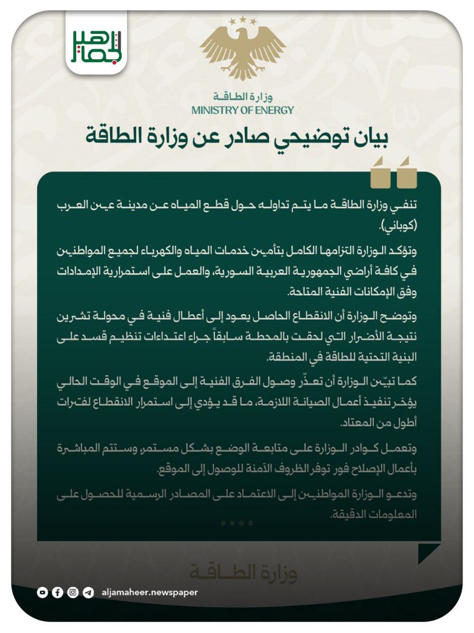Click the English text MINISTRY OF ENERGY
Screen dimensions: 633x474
(x=242, y=110)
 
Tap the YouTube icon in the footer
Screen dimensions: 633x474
(x=43, y=592)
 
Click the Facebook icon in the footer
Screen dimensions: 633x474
(x=58, y=592)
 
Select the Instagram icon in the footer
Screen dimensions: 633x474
(x=73, y=592)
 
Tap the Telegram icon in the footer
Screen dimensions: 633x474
(x=88, y=592)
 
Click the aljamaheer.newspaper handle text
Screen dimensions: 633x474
(x=149, y=592)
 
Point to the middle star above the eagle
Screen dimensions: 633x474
(x=243, y=19)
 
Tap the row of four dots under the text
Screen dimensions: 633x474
(x=237, y=523)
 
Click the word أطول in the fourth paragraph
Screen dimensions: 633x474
(x=406, y=424)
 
